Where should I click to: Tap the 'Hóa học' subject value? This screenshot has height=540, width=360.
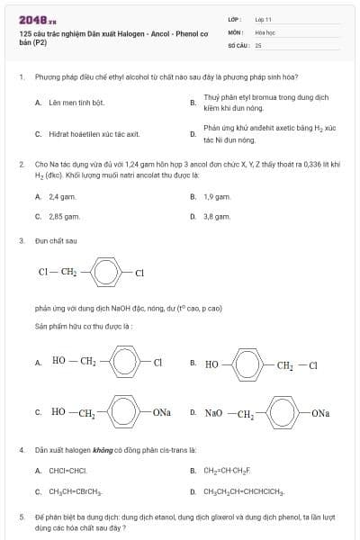tap(265, 31)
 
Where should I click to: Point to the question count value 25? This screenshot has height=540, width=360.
tap(258, 43)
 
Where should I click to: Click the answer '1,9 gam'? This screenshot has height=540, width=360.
tap(217, 195)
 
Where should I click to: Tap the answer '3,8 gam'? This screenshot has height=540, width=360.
tap(217, 216)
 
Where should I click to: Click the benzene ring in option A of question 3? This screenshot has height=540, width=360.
tap(125, 363)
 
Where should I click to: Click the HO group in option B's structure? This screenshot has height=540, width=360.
tap(211, 364)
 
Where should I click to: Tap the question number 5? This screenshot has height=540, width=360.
tap(22, 518)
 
